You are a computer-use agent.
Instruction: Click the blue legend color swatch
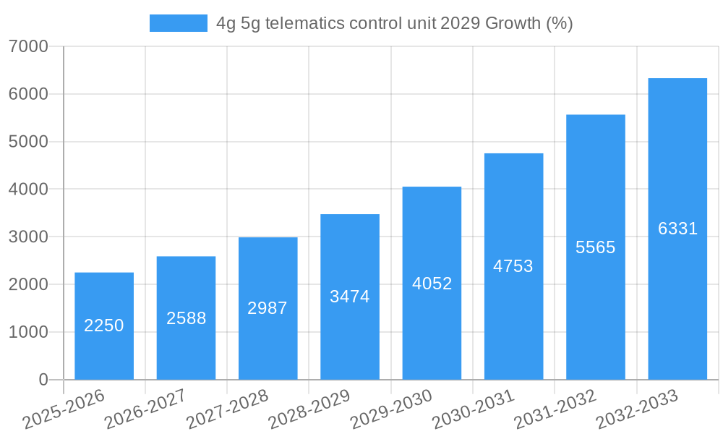(x=178, y=23)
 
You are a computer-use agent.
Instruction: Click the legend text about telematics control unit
(x=395, y=23)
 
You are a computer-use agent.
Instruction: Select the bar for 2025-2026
(x=104, y=325)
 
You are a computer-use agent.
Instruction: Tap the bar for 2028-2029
(x=350, y=297)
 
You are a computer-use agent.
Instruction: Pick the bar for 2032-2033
(x=677, y=229)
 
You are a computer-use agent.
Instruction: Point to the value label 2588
(x=187, y=318)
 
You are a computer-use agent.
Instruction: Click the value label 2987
(x=268, y=308)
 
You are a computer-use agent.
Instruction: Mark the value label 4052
(x=432, y=284)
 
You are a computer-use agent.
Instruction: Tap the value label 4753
(x=513, y=266)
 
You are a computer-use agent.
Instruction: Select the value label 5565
(x=596, y=247)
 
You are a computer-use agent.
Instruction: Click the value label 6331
(x=677, y=229)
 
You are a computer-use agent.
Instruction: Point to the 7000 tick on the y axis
(x=29, y=46)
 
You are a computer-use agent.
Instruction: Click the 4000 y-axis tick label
(x=29, y=190)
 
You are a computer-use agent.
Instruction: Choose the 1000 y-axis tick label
(x=29, y=332)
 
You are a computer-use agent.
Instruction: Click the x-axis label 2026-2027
(x=145, y=409)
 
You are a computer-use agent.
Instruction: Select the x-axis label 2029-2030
(x=391, y=409)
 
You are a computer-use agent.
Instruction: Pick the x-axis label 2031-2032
(x=555, y=409)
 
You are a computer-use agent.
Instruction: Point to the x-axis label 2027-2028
(x=227, y=409)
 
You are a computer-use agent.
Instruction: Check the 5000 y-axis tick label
(x=29, y=142)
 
